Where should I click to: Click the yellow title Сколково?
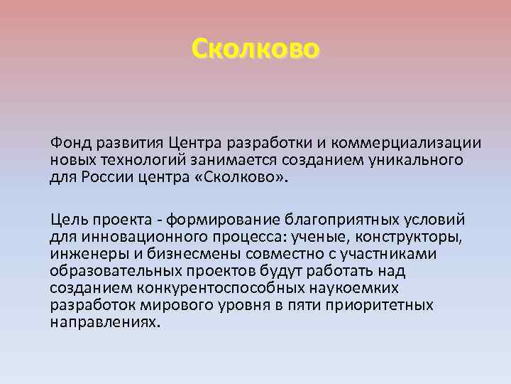(x=255, y=48)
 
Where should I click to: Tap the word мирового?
(x=187, y=304)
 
